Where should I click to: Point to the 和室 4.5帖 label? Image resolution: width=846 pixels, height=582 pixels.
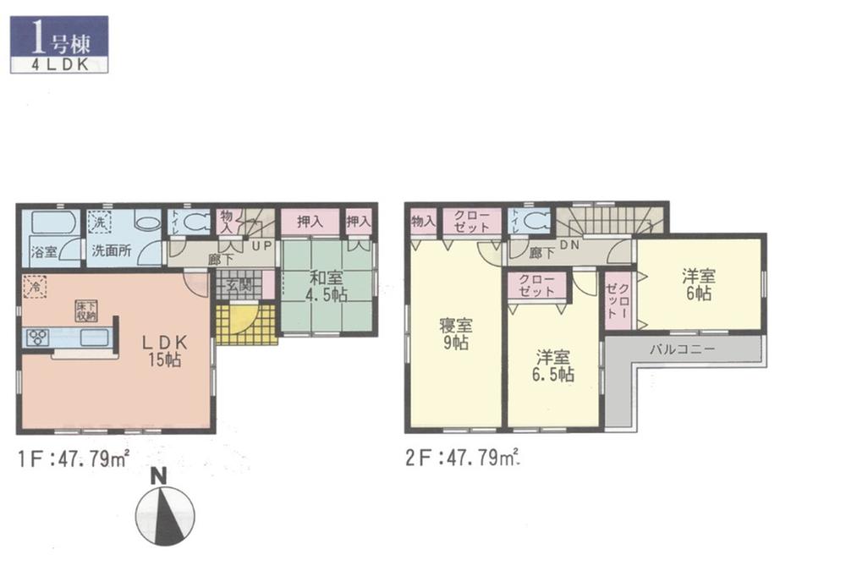326,285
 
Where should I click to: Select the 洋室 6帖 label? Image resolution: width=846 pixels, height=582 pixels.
699,284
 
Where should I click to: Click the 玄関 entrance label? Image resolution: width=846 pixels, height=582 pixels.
238,287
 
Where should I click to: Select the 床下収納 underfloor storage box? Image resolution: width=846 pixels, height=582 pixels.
87,310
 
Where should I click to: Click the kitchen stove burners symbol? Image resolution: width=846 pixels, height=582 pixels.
39,339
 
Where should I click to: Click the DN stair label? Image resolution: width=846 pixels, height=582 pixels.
569,244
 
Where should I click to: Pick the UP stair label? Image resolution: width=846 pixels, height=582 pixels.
261,244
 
